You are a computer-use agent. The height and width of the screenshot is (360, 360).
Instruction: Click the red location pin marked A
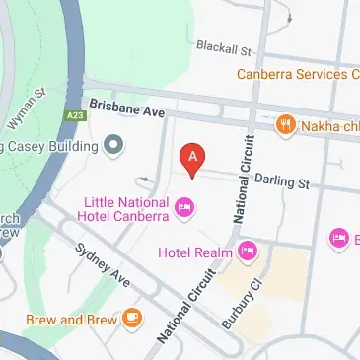(193, 157)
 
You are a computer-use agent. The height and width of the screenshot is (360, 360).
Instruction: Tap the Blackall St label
(224, 47)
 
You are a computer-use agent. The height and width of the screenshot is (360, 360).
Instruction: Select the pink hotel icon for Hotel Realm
(248, 252)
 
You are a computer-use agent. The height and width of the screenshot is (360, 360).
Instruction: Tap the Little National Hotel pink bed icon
(183, 206)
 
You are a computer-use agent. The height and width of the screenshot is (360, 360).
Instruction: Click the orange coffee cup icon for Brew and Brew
(131, 319)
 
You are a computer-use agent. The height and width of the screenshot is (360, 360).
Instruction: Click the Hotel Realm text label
(195, 252)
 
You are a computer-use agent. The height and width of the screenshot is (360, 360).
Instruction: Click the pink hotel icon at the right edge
(339, 238)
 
